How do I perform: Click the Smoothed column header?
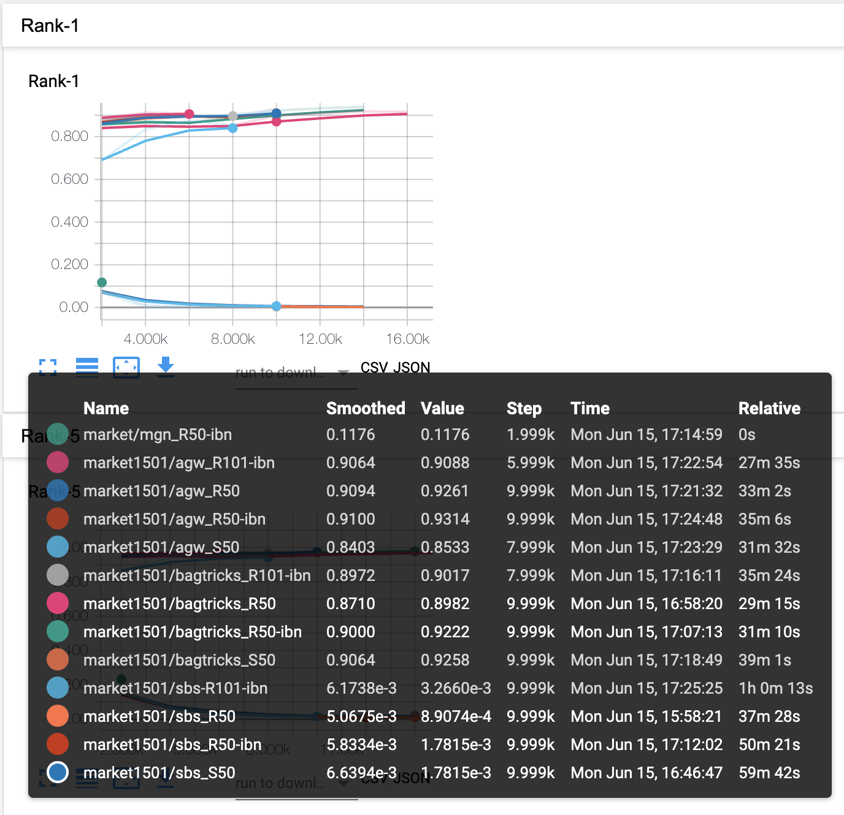point(366,408)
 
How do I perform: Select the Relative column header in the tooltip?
point(769,408)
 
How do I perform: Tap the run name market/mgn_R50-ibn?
point(158,434)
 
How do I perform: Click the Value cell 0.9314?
point(445,519)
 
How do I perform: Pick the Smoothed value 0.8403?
point(350,547)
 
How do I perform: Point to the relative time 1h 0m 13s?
point(775,688)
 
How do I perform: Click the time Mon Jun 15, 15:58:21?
point(646,716)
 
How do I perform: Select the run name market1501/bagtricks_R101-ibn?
point(197,575)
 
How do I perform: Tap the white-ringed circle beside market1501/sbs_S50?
point(58,772)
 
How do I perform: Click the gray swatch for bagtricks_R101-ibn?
point(58,575)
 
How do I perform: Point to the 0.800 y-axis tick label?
point(69,136)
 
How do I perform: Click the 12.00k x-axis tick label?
point(320,339)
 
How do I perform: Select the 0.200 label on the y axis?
point(69,264)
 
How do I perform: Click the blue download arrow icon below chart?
point(166,366)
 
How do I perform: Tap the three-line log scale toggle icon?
point(87,366)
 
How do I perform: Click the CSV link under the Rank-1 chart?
point(374,368)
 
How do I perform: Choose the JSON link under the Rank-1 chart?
point(412,368)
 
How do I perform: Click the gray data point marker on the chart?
point(232,116)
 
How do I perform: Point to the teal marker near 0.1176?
point(102,282)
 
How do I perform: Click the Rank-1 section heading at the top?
point(50,26)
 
